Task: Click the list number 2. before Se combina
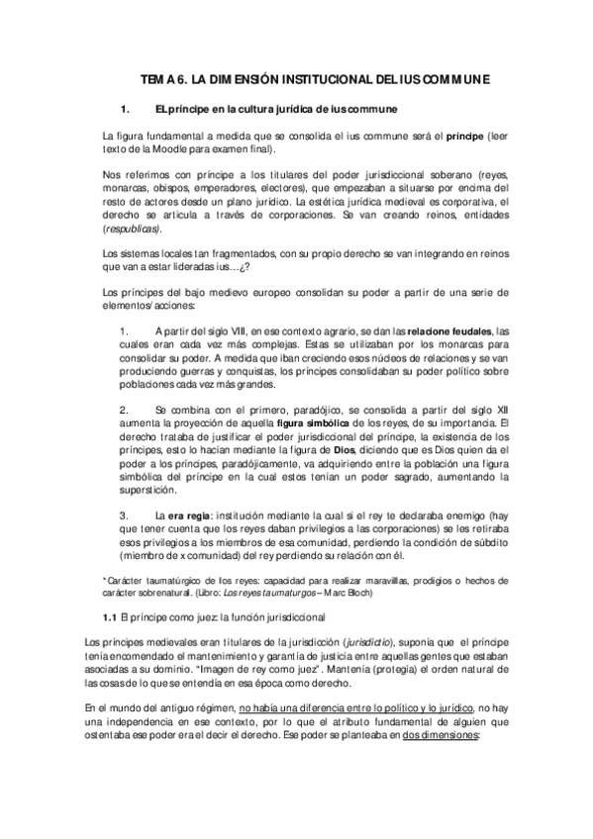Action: (123, 408)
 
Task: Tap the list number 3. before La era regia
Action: (123, 515)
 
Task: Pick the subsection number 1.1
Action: (110, 615)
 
